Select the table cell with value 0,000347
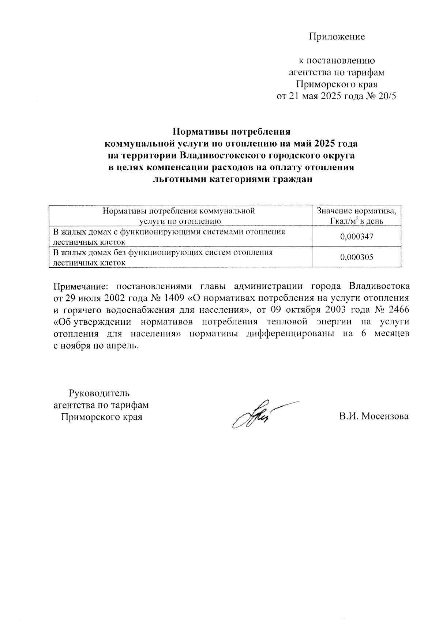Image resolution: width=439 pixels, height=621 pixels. coord(356,237)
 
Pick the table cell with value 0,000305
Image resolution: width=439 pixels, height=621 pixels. coord(356,257)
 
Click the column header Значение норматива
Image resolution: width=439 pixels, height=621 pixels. coord(356,211)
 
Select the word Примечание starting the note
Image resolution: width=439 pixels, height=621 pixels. coord(78,286)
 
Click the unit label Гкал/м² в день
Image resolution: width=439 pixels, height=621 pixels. coord(356,221)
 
